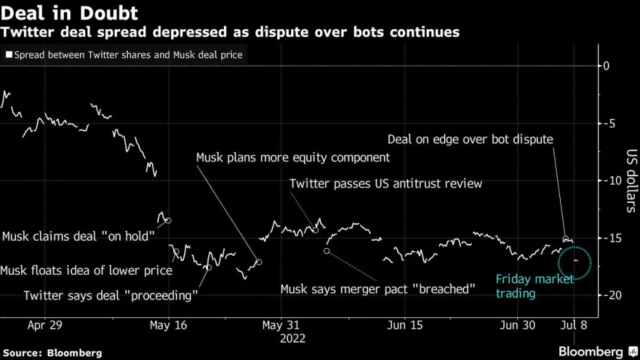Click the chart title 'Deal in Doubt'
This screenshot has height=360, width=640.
coord(70,13)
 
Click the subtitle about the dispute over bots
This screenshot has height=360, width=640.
coord(231,32)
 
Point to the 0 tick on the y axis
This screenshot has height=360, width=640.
coord(607,65)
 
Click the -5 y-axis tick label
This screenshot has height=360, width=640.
coord(607,123)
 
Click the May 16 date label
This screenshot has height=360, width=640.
coord(169,325)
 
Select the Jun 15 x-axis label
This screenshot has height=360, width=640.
coord(405,325)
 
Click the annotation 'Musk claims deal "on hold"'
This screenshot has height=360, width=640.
coord(79,236)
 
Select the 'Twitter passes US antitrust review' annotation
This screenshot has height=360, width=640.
coord(385,183)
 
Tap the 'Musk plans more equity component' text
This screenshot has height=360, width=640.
coord(293,158)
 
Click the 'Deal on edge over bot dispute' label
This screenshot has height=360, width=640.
coord(470,139)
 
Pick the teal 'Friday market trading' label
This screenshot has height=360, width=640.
coord(534,286)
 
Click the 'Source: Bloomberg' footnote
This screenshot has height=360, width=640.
coord(53,352)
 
